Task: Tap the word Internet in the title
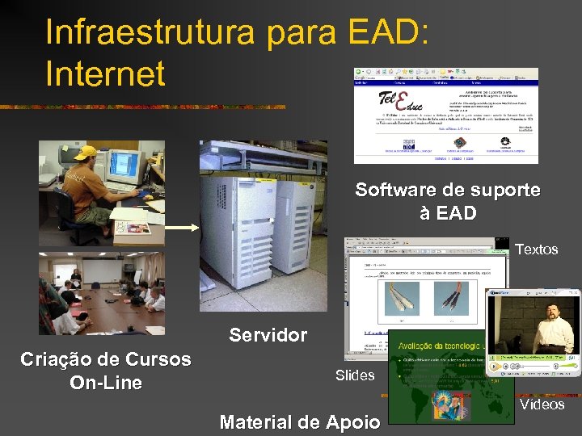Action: click(x=105, y=73)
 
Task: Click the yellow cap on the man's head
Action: click(x=85, y=152)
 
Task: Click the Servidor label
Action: click(x=268, y=335)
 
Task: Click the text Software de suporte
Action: click(x=448, y=191)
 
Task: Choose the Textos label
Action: click(x=537, y=249)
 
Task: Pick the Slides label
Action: click(x=355, y=375)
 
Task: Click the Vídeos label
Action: click(x=542, y=405)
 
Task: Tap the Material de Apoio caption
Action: click(x=299, y=421)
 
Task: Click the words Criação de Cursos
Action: click(x=106, y=359)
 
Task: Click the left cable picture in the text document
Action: click(x=402, y=298)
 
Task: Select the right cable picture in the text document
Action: click(x=450, y=298)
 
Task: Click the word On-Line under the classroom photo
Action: click(x=106, y=383)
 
